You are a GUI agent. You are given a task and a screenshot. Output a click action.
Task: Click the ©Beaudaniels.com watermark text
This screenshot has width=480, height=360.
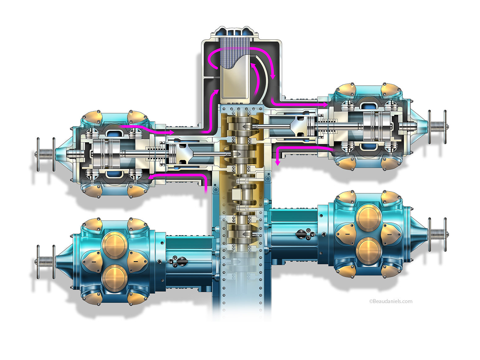(x=391, y=302)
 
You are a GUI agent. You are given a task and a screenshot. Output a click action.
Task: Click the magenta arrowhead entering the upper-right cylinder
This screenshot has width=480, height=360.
(x=325, y=105)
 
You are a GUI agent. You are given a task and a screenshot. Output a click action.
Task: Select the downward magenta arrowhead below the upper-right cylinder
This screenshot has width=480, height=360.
(x=277, y=163)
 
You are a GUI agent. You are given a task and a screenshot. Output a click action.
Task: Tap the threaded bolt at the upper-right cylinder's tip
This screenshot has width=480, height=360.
(x=437, y=127)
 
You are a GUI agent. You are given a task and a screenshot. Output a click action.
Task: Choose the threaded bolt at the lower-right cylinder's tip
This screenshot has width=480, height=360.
(x=437, y=234)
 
